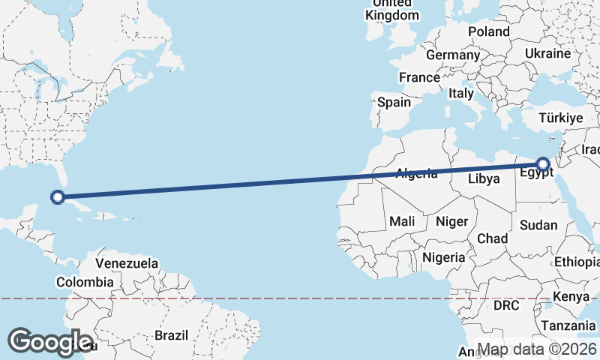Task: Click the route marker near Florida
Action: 56,197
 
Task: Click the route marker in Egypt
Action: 543,164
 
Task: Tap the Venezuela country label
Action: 127,263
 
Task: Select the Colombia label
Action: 85,282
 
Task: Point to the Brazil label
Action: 172,335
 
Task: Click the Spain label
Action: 394,102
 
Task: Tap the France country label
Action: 419,77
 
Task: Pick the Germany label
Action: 452,55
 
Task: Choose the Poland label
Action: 488,31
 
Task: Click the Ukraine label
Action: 547,54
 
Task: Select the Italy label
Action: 460,94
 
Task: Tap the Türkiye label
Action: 561,118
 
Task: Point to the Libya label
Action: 483,178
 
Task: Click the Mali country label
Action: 402,221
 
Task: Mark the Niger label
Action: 451,221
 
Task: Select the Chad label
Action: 492,238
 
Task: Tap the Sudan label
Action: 538,225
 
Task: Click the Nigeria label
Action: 444,257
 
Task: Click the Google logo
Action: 50,341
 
